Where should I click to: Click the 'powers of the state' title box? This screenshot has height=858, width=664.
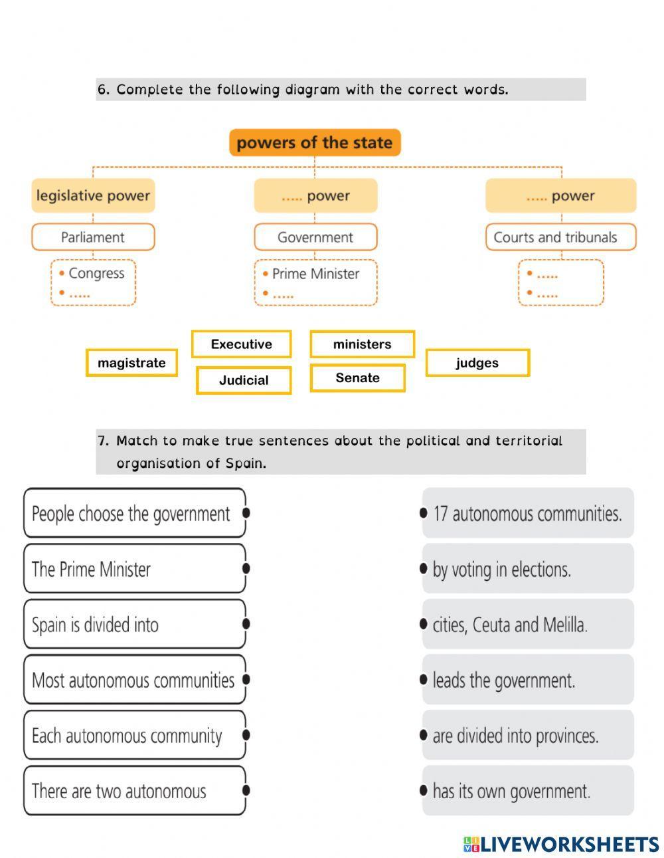(x=315, y=143)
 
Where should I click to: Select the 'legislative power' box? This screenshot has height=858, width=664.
(x=93, y=196)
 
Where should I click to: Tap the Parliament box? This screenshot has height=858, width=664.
(x=93, y=237)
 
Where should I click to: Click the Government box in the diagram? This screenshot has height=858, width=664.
(x=315, y=237)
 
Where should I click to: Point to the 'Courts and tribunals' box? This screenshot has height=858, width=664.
(x=560, y=237)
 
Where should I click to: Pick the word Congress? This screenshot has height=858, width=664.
(x=96, y=274)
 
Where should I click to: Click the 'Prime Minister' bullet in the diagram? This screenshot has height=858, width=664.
(x=315, y=274)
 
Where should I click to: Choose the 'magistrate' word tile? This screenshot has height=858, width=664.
(x=131, y=363)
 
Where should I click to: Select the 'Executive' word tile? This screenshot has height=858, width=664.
(x=241, y=344)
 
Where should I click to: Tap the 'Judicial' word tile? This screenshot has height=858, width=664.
(x=244, y=381)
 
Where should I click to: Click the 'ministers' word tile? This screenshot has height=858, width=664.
(x=362, y=344)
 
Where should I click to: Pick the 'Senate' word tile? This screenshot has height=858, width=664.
(x=357, y=378)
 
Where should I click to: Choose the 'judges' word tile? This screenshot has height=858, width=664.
(x=477, y=363)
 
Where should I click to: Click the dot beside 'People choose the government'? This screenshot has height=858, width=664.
(x=246, y=513)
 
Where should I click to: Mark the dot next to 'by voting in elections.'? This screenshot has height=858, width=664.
(x=424, y=569)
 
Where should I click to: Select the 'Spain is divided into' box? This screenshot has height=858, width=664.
(x=134, y=625)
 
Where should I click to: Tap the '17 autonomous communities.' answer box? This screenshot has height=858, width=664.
(x=528, y=514)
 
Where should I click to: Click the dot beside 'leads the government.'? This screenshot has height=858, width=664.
(x=424, y=680)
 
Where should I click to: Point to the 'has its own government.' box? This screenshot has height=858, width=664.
(x=528, y=791)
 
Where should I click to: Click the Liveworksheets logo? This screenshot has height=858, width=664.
(x=561, y=844)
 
